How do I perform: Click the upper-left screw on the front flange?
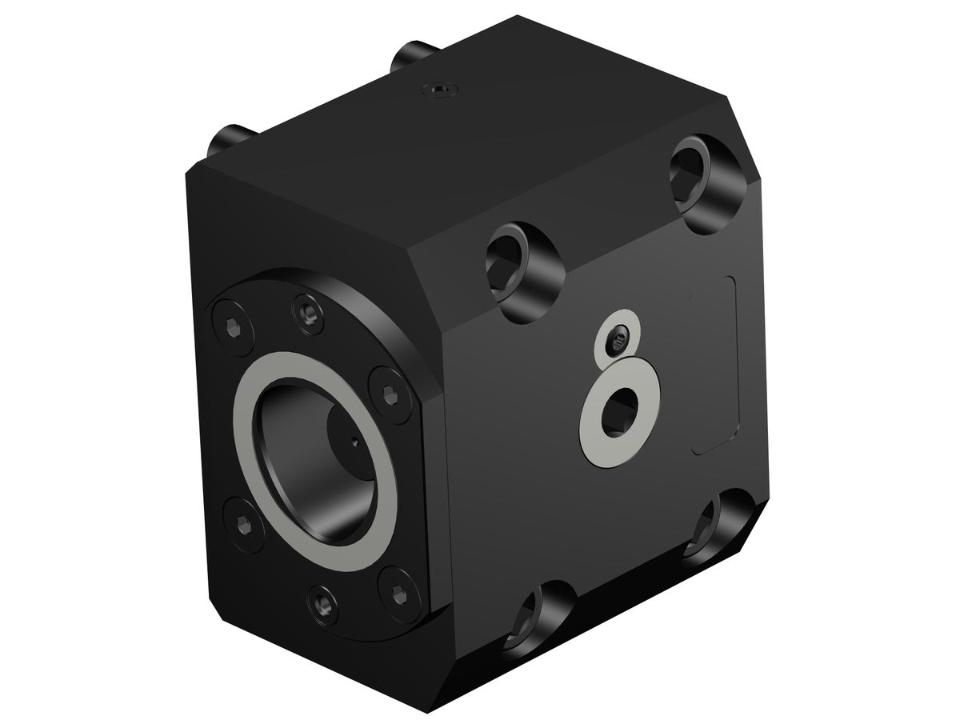231,326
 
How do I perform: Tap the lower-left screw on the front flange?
243,524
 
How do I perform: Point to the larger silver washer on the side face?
595,432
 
